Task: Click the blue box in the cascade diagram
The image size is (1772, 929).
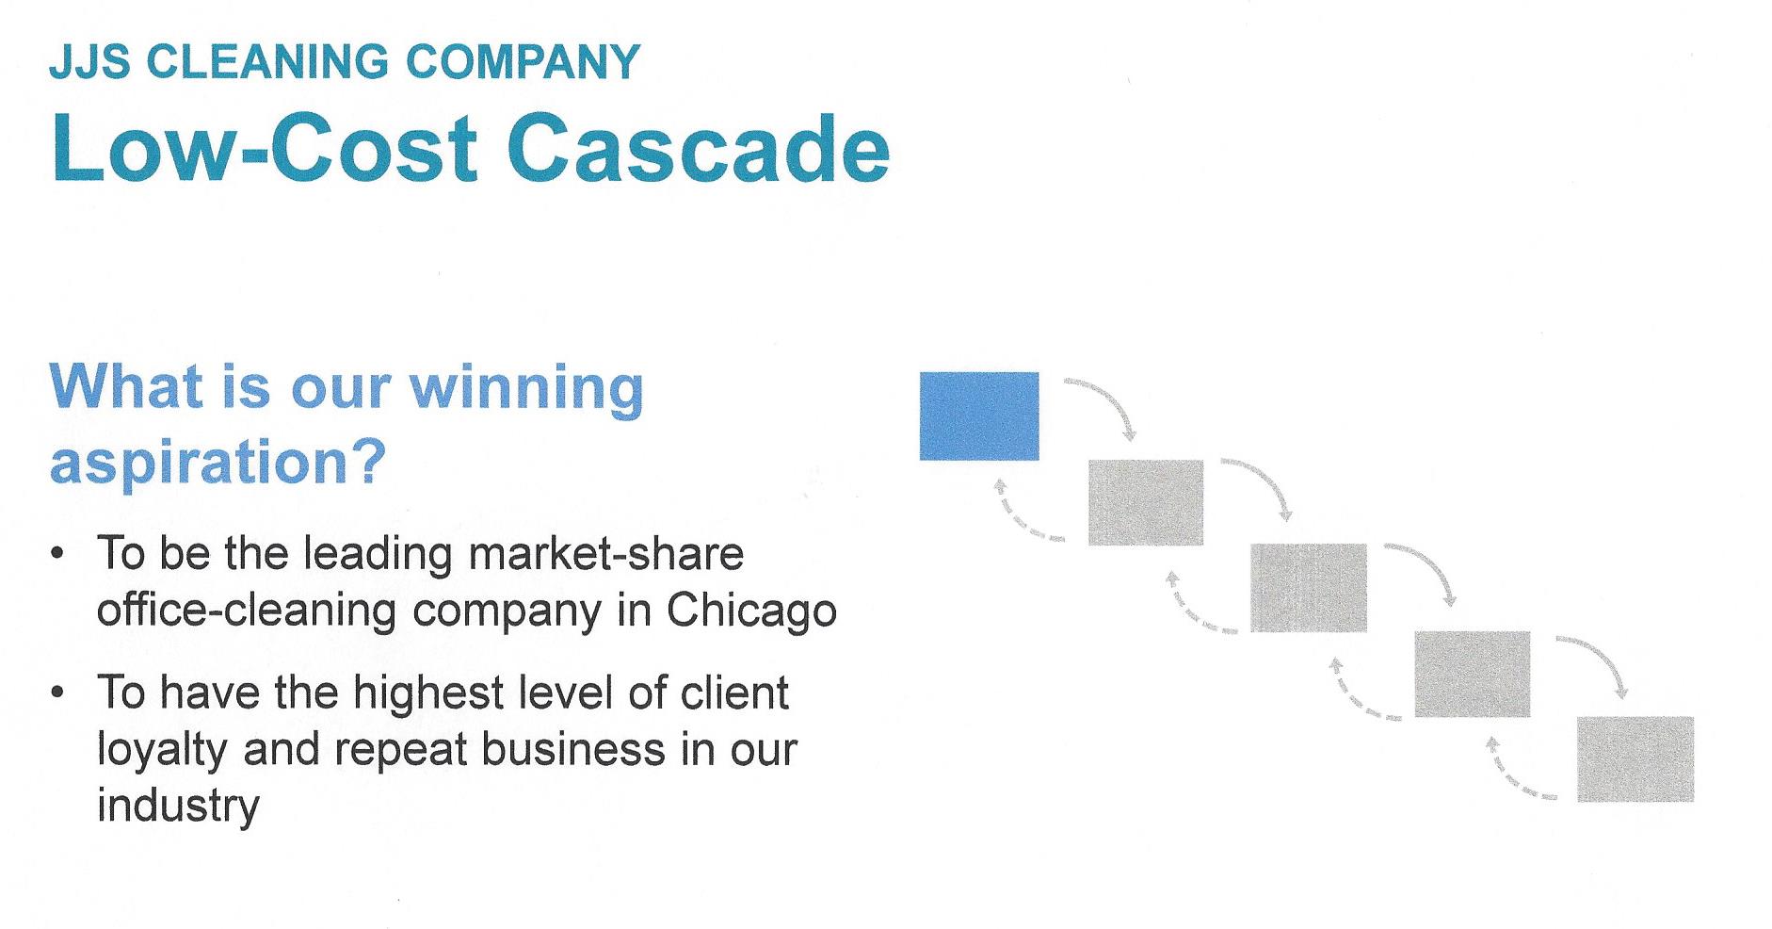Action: coord(979,416)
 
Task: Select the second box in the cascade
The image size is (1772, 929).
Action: coord(1145,502)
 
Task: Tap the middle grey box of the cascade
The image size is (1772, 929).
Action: coord(1308,587)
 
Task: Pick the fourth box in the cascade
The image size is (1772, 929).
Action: coord(1472,674)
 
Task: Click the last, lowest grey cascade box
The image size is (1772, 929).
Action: coord(1635,758)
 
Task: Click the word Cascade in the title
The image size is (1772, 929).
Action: coord(699,151)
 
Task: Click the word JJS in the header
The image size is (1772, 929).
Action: coord(90,62)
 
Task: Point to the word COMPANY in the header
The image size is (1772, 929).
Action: coord(523,62)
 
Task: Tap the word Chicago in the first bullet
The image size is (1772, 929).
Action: coord(751,611)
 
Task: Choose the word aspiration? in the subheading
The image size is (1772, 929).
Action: coord(217,462)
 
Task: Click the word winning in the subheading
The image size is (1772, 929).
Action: coord(525,388)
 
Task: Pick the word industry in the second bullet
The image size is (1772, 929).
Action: coord(178,806)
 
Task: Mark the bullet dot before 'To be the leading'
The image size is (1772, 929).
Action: coord(59,554)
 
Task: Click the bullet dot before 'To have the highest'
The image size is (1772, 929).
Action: coord(59,693)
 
